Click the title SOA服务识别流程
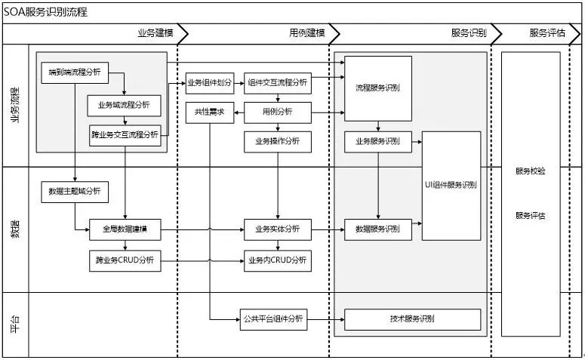[x=45, y=12]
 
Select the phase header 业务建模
[x=155, y=32]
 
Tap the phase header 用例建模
[x=307, y=32]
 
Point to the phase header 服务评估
[x=547, y=32]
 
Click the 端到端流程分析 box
[x=75, y=72]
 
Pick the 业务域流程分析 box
[x=125, y=106]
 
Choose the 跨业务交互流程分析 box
[x=125, y=135]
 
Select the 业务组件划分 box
[x=210, y=83]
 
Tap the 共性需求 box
[x=210, y=112]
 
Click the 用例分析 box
[x=278, y=112]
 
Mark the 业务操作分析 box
[x=278, y=142]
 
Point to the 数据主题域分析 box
[x=75, y=192]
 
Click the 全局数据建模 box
[x=125, y=229]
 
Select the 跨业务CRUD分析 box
[x=125, y=261]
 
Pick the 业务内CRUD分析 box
[x=278, y=261]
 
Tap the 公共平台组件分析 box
[x=273, y=319]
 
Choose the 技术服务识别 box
[x=412, y=319]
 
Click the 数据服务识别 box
[x=378, y=229]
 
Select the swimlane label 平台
[x=15, y=325]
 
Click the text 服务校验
[x=531, y=171]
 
